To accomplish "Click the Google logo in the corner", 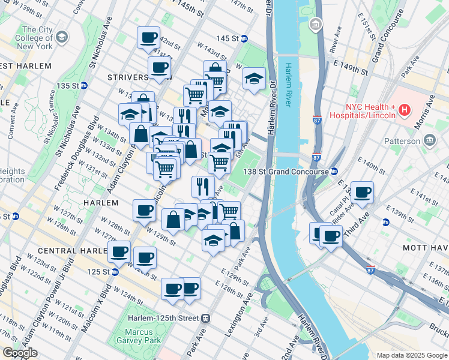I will (20, 353).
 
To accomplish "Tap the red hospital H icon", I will (405, 110).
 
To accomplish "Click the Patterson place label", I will (402, 141).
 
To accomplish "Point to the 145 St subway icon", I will (244, 38).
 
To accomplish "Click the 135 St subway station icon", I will (85, 86).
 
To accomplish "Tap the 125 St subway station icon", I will (115, 272).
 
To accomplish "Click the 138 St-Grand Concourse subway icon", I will (334, 172).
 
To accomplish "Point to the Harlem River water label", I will (289, 84).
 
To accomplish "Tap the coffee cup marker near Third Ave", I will (362, 193).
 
